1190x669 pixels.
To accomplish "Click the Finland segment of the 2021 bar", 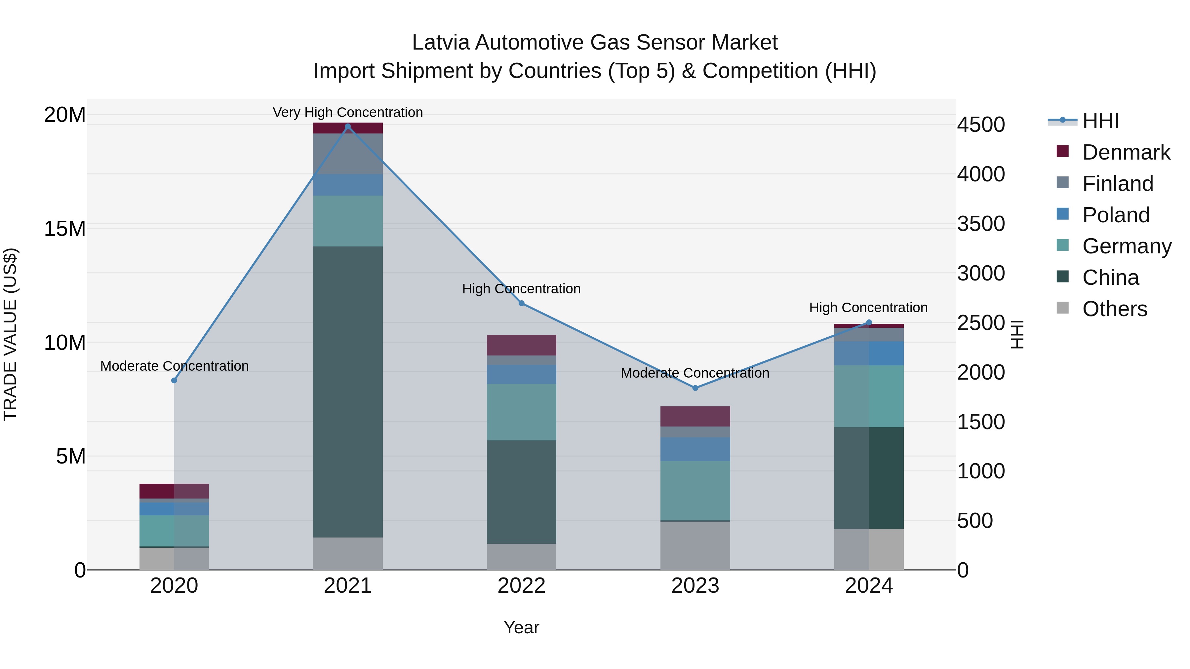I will [x=347, y=154].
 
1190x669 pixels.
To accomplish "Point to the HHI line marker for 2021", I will [x=348, y=127].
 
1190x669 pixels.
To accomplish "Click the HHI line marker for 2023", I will [x=695, y=388].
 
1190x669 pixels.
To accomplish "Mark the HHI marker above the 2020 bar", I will [x=174, y=381].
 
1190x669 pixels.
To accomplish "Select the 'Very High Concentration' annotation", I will [x=347, y=112].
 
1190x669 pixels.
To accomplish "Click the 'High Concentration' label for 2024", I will [x=868, y=308].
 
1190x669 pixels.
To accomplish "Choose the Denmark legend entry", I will [x=1126, y=152].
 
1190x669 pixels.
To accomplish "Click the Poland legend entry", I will [x=1116, y=215].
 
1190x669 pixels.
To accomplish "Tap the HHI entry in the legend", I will [x=1100, y=121].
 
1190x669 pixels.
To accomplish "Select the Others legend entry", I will [x=1114, y=309].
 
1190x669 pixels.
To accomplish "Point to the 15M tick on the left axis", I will [x=65, y=229].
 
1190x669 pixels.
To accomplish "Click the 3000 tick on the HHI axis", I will [x=980, y=273].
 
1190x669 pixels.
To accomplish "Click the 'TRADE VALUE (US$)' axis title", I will [x=10, y=334].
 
